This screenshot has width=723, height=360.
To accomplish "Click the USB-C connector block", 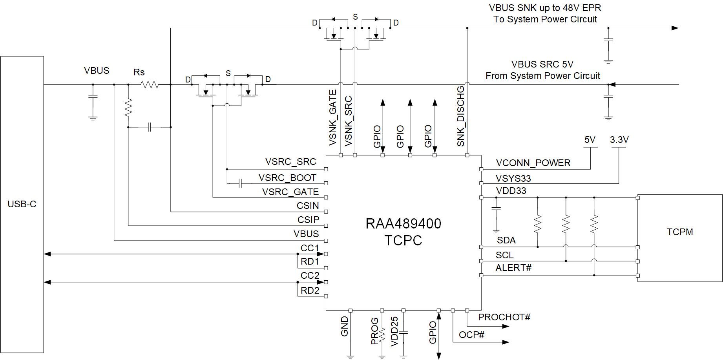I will coord(22,204).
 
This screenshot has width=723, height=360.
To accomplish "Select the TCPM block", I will coord(679,238).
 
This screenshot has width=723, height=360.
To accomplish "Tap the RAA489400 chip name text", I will coord(403,224).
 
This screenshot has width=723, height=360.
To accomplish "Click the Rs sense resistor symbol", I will coord(150,84).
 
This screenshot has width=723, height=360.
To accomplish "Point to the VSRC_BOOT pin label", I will coord(287,178).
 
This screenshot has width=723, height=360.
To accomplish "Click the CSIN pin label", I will coord(308,206).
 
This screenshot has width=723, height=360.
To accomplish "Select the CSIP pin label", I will coord(308,220).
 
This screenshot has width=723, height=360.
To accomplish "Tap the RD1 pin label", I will coord(310,261).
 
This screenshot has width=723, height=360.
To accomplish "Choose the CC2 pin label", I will coord(310,276).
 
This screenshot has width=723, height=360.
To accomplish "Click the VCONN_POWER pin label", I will coord(533,163).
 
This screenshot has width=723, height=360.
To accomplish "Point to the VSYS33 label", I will coord(513,179).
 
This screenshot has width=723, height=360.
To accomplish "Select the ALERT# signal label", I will coord(513,268).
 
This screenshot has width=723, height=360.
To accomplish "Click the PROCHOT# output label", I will coord(504,317).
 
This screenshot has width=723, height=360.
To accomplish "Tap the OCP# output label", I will coord(471,335).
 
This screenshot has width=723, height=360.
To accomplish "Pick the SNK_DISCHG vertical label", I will coord(461,116).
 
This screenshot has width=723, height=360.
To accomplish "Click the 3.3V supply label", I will coord(619,140).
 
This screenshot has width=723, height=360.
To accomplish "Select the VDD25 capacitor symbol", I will coord(403,333).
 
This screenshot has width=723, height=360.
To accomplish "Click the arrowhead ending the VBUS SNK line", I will coord(675,28).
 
